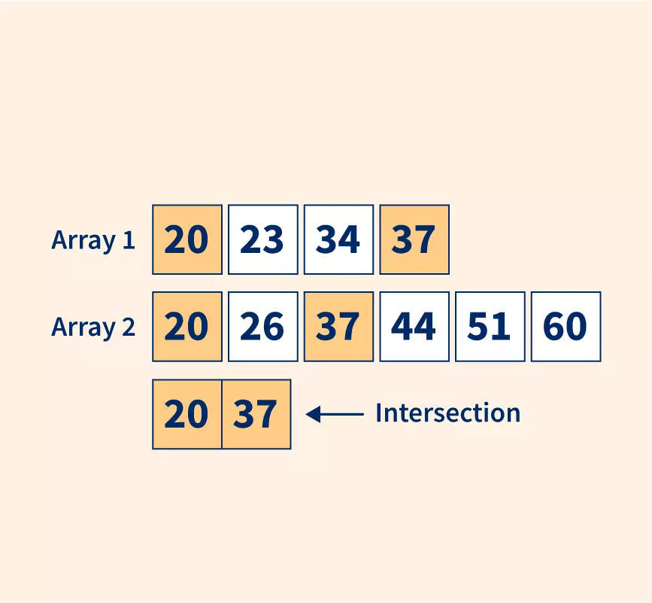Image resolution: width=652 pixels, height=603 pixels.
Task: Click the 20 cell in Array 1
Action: pyautogui.click(x=187, y=239)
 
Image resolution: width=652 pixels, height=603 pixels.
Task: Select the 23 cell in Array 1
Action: pyautogui.click(x=262, y=239)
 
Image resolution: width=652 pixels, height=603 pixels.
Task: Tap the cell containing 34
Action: pyautogui.click(x=338, y=239)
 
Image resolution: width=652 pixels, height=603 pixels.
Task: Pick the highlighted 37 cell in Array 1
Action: pyautogui.click(x=414, y=239)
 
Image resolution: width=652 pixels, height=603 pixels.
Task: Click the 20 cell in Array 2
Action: pyautogui.click(x=187, y=327)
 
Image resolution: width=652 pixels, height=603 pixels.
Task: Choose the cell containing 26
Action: pyautogui.click(x=262, y=327)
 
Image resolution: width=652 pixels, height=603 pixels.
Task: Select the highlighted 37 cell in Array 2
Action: pyautogui.click(x=338, y=327)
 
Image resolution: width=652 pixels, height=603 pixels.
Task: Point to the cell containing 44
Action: pyautogui.click(x=414, y=327)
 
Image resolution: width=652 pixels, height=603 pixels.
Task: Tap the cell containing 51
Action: pyautogui.click(x=490, y=327)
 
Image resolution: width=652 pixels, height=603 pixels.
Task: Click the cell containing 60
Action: pyautogui.click(x=566, y=327)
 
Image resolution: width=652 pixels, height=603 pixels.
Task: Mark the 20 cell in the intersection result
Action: pyautogui.click(x=187, y=414)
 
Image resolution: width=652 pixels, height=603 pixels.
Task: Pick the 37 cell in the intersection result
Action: pyautogui.click(x=256, y=414)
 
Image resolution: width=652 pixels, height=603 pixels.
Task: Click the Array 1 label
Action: pyautogui.click(x=93, y=240)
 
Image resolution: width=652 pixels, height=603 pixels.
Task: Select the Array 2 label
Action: pyautogui.click(x=93, y=327)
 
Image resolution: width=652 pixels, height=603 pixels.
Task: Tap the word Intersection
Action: pyautogui.click(x=447, y=413)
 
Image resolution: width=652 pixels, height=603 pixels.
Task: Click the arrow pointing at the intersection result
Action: pyautogui.click(x=335, y=413)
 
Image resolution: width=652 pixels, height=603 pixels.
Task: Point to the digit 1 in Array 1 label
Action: pyautogui.click(x=129, y=240)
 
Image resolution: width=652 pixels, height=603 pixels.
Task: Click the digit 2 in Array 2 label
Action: pyautogui.click(x=129, y=327)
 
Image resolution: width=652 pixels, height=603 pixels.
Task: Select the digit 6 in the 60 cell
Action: pyautogui.click(x=554, y=327)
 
